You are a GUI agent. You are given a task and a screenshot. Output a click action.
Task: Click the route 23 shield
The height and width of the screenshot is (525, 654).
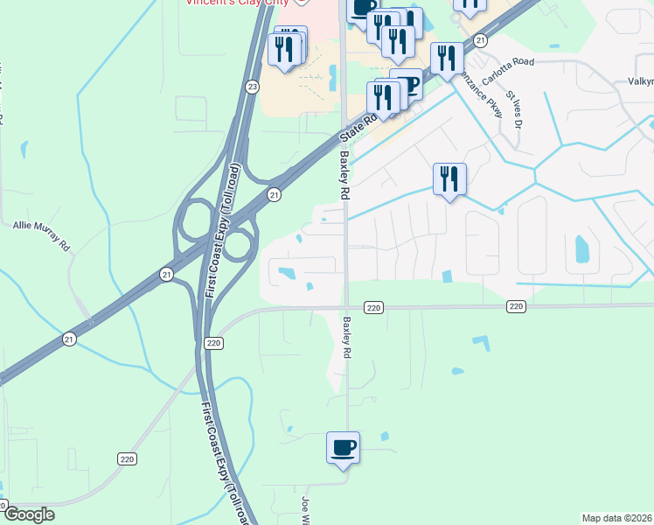[x=253, y=87]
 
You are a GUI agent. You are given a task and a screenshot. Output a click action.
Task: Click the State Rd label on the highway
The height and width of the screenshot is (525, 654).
[x=359, y=126]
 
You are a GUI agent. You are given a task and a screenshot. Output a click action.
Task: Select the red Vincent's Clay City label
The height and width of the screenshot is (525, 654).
[x=236, y=3]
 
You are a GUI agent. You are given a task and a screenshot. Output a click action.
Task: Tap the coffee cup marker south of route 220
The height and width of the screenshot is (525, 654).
[x=343, y=448]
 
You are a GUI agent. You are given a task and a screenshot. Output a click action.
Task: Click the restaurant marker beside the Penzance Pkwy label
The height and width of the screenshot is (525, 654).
[x=448, y=58]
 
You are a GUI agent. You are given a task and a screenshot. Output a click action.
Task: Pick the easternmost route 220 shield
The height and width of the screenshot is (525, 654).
[x=516, y=306]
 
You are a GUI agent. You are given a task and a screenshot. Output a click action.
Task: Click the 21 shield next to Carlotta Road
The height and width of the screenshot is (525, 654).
[x=480, y=40]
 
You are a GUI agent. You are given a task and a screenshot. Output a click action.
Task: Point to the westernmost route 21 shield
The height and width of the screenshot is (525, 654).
[x=70, y=339]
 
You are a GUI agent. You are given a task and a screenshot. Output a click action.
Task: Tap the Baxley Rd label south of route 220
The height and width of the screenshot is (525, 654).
[x=347, y=337]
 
